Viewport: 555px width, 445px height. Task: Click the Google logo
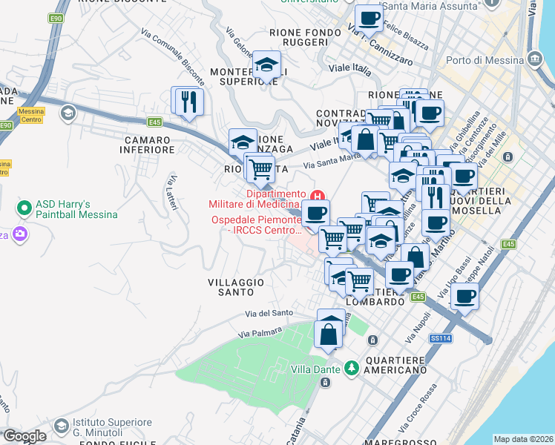coord(24,436)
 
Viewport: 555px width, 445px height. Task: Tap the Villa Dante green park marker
coord(351,367)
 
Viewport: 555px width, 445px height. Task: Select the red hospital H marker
coord(318,197)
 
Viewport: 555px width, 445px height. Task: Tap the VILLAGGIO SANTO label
coord(236,287)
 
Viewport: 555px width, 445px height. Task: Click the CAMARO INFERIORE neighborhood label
coord(150,145)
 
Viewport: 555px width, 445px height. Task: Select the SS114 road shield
coord(440,338)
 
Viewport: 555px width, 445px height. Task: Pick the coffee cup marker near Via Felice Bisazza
coord(369,19)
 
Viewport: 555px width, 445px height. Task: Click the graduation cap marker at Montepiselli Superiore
coord(266,65)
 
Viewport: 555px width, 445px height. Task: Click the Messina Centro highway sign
coord(31,116)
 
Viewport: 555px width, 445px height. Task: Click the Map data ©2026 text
coord(523,439)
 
